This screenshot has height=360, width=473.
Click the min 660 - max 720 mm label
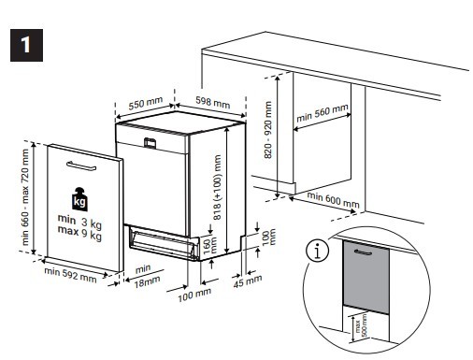tap(26, 198)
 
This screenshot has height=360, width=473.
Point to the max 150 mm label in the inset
tap(356, 327)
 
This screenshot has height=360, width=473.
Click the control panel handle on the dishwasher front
tap(150, 142)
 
